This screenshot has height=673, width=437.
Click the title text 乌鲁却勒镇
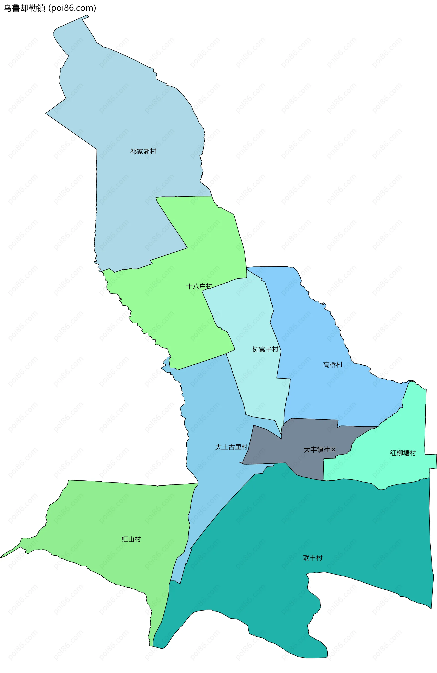[x=24, y=8]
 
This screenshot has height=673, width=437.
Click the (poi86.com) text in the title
[x=72, y=8]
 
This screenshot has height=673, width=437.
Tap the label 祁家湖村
[x=143, y=152]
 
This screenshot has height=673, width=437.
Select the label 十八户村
[x=199, y=286]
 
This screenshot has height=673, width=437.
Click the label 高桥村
[x=333, y=365]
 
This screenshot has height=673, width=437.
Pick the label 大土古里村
[x=231, y=447]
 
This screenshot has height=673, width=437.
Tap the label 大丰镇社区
[x=320, y=449]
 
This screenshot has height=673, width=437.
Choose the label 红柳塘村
[x=403, y=453]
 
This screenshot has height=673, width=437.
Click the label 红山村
[x=131, y=539]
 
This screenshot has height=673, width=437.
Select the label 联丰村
[x=313, y=558]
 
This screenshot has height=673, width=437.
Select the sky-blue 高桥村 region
[x=316, y=396]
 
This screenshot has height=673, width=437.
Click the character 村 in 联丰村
[x=319, y=558]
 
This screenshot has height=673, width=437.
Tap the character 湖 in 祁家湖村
[x=146, y=152]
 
